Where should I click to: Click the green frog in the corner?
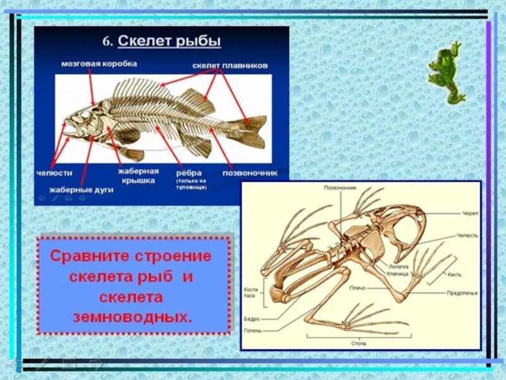[446, 72]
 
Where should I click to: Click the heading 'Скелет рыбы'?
[170, 41]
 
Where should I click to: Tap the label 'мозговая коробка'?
[99, 64]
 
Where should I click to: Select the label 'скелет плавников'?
[230, 66]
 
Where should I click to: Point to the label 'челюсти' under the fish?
[54, 173]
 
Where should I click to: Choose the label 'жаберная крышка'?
[138, 175]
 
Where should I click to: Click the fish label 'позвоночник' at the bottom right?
[250, 172]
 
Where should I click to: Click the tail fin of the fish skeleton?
[253, 127]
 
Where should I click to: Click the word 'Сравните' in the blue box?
[89, 256]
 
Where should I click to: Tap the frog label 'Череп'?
[470, 214]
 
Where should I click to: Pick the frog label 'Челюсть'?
[467, 235]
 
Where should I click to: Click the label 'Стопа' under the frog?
[359, 343]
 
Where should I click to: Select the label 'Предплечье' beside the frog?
[462, 293]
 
